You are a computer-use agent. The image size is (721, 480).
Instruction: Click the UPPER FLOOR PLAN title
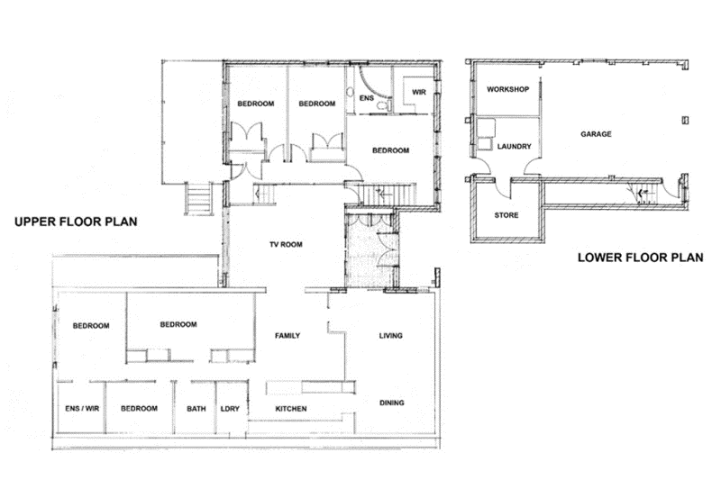[75, 222]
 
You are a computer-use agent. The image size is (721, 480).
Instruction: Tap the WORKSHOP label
[506, 90]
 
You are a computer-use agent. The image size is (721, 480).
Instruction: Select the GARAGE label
[596, 134]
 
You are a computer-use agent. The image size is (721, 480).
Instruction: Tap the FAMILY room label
[287, 336]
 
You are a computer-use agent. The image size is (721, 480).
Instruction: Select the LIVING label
[390, 336]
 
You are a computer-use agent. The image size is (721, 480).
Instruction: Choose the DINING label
[391, 403]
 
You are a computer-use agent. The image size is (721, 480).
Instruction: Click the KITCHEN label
[290, 409]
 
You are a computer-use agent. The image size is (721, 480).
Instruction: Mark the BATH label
[196, 409]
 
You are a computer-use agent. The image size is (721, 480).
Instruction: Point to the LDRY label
[230, 409]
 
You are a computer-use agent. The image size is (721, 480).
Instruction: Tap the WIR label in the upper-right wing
[418, 92]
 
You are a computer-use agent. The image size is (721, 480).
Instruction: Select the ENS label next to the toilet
[366, 97]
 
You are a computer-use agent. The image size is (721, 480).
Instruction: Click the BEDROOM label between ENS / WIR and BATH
[140, 409]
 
